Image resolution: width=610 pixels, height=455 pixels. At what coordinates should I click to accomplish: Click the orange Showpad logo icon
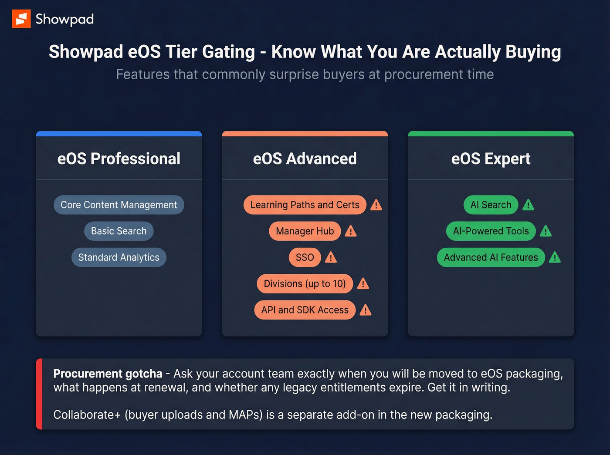pos(21,19)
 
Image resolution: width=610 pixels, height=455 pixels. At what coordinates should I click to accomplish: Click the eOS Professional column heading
pos(119,158)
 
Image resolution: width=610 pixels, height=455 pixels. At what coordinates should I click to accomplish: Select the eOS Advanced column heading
pos(305,158)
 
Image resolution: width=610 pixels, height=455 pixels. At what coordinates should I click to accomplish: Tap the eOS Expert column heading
pos(491,158)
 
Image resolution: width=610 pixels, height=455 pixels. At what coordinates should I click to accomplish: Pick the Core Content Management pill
pos(119,205)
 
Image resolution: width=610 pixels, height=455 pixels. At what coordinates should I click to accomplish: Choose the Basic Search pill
pos(119,231)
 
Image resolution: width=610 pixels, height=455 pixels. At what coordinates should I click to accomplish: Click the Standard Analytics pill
pos(119,257)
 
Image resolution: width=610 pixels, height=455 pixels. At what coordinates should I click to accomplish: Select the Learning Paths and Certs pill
pos(305,205)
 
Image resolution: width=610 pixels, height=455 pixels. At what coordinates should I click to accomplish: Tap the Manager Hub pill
pos(305,231)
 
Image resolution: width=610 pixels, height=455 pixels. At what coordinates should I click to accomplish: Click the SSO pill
pos(305,257)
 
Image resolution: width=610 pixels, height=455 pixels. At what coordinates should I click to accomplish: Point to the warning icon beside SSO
pos(331,258)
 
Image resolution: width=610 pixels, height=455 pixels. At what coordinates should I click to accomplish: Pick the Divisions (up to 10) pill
pos(305,283)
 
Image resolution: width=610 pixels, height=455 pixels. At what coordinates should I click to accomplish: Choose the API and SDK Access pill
pos(305,310)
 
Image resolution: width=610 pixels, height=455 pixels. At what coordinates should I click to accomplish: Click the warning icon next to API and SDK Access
pos(366,310)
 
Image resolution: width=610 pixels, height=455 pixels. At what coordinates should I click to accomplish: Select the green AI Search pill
pos(491,205)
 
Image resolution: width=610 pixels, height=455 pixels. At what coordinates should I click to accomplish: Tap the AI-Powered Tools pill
pos(491,231)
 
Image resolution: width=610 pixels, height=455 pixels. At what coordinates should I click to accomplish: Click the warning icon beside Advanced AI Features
pos(555,258)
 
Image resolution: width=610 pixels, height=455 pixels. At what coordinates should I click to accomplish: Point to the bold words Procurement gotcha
pos(108,374)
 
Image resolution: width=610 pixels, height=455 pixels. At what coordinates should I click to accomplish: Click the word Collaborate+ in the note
pos(87,415)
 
